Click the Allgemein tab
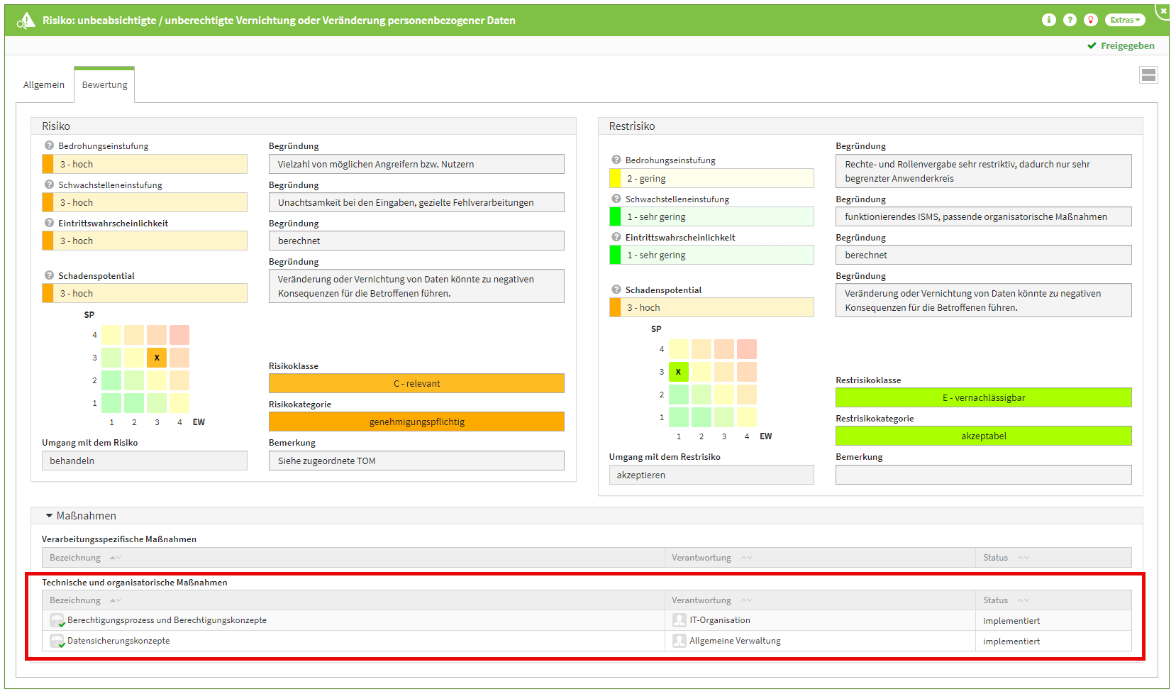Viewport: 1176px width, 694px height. (43, 85)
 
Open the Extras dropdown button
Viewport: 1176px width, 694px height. (1125, 20)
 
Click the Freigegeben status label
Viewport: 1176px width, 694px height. (1127, 46)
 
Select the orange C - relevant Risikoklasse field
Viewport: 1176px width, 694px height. (416, 384)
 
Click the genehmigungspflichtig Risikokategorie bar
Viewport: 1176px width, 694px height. (416, 422)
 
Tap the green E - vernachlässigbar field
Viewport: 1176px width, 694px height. (983, 398)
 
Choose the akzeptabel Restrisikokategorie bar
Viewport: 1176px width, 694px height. (983, 436)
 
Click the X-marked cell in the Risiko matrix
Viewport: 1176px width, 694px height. (157, 358)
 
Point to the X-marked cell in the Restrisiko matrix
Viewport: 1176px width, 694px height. (679, 372)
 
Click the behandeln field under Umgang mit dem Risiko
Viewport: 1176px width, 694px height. (144, 461)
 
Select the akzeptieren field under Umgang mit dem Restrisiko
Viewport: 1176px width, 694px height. (711, 475)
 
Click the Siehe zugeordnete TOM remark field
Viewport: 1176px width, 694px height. (416, 461)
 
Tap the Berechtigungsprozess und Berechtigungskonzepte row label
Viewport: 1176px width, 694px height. (167, 621)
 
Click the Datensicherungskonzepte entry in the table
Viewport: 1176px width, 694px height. (118, 641)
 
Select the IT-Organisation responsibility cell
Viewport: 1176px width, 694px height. (719, 621)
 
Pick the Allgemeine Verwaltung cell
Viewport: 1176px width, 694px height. (735, 641)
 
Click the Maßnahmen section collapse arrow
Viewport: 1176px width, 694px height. (49, 516)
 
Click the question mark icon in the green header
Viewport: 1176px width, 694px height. (1070, 20)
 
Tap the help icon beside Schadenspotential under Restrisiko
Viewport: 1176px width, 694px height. (616, 290)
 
